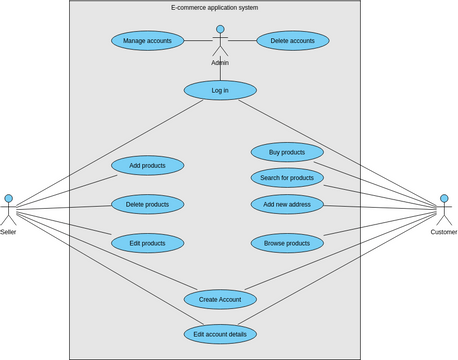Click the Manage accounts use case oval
tap(147, 41)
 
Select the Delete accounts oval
tap(293, 41)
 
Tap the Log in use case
tap(220, 90)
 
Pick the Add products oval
tap(147, 165)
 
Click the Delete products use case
tap(147, 204)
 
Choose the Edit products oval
tap(147, 243)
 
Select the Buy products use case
tap(287, 152)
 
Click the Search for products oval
tap(287, 178)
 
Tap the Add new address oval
tap(287, 204)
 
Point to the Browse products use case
tap(287, 243)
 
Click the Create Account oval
tap(220, 299)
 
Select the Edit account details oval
tap(220, 334)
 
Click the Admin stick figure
tap(220, 43)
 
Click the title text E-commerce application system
tap(215, 8)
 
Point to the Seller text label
tap(8, 232)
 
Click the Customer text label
tap(444, 232)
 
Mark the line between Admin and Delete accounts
tap(242, 41)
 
